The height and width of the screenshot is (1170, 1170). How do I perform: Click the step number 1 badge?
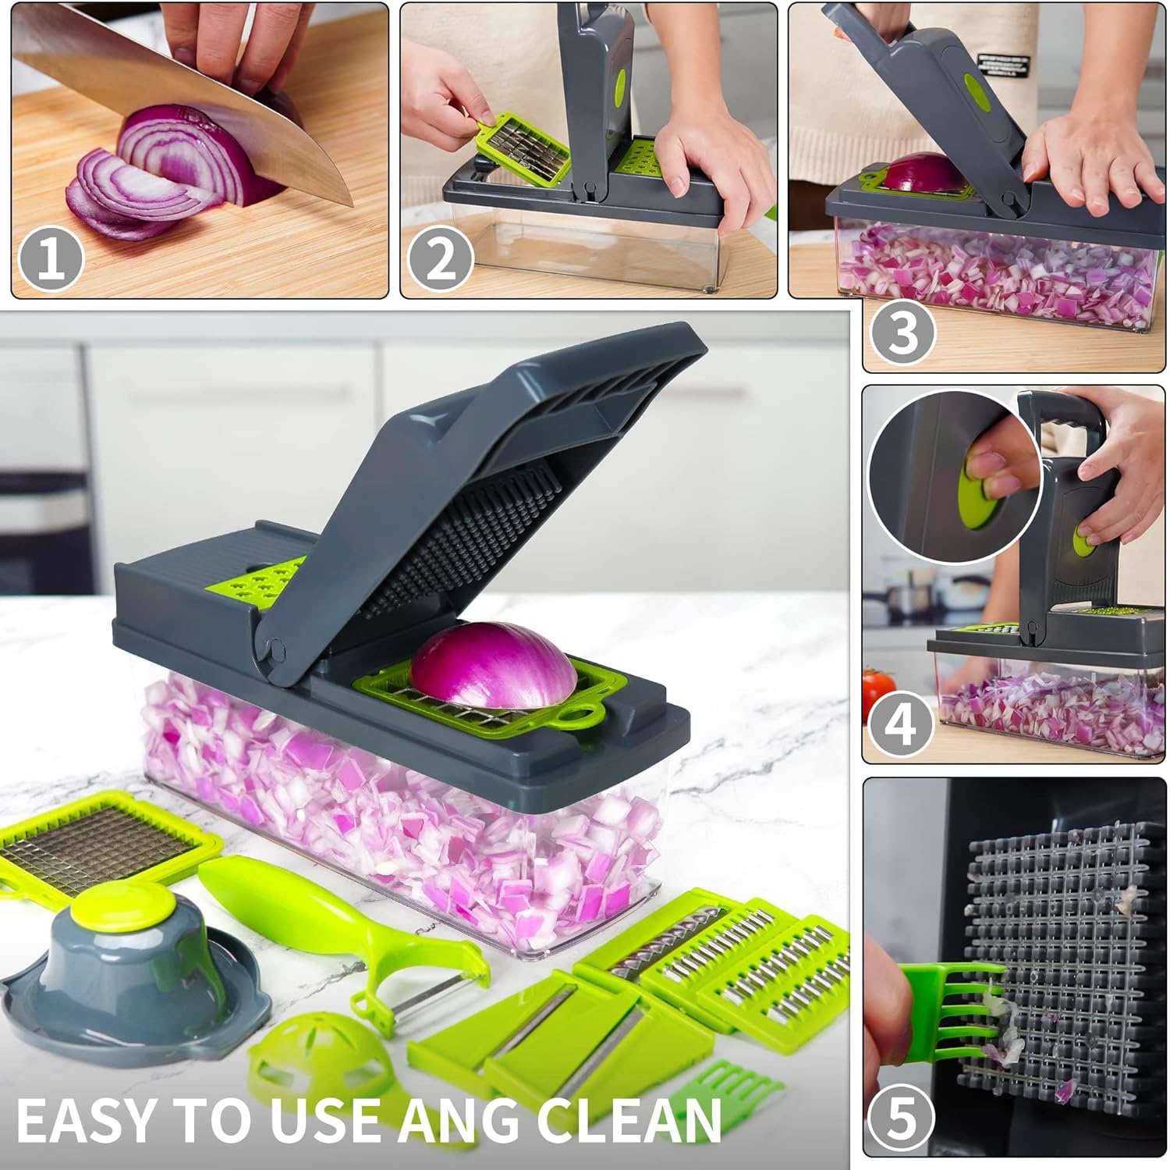pos(51,259)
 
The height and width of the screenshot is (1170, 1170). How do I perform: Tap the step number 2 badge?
pos(441,260)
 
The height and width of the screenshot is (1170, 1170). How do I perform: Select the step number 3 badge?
pos(903,333)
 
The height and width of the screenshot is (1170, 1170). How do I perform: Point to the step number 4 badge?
pos(902,724)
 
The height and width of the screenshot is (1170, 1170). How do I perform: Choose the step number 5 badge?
pos(902,1118)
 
